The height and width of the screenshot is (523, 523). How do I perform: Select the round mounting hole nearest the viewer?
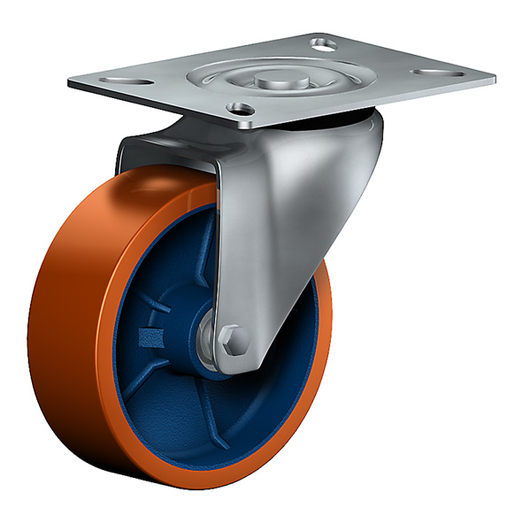tap(238, 109)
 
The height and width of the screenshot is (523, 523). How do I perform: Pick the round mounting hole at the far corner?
tap(326, 41)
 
